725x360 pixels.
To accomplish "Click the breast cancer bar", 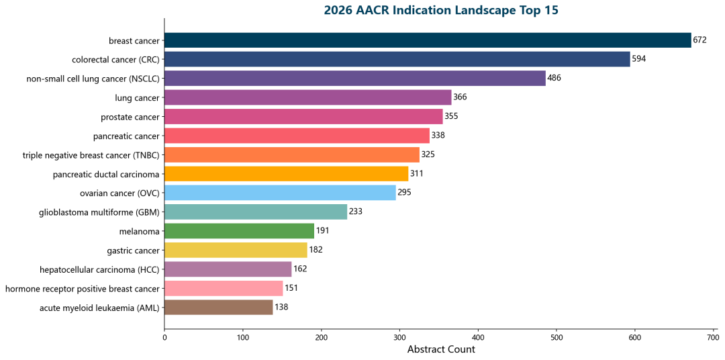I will click(x=428, y=40).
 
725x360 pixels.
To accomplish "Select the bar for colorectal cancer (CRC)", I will click(x=397, y=59).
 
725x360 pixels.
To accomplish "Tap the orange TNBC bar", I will click(x=291, y=155).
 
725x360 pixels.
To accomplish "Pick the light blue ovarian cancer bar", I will click(x=280, y=193).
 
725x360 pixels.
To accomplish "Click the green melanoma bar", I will click(x=239, y=231).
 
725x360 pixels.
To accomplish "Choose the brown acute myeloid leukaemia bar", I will click(x=218, y=308).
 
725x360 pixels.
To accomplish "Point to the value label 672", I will click(x=700, y=40).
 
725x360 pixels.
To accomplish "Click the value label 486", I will click(x=554, y=79).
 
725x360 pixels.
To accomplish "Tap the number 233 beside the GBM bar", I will click(x=356, y=212).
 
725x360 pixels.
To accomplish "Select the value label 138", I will click(x=281, y=308).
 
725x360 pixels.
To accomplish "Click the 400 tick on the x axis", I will click(x=478, y=337).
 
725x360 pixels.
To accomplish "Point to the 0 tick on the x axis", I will click(x=164, y=337).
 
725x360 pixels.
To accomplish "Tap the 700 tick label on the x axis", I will click(x=713, y=337).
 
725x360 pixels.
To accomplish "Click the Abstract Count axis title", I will click(x=441, y=349).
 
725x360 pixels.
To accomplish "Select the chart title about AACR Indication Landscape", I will click(x=441, y=10).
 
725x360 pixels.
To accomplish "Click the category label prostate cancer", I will click(x=130, y=117).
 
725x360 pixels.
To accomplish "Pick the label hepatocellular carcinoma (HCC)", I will click(x=100, y=270).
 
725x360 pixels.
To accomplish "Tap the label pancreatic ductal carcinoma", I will click(x=106, y=175).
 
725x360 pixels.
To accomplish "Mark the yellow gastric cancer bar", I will click(x=236, y=251).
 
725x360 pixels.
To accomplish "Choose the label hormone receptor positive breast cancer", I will click(x=83, y=289).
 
